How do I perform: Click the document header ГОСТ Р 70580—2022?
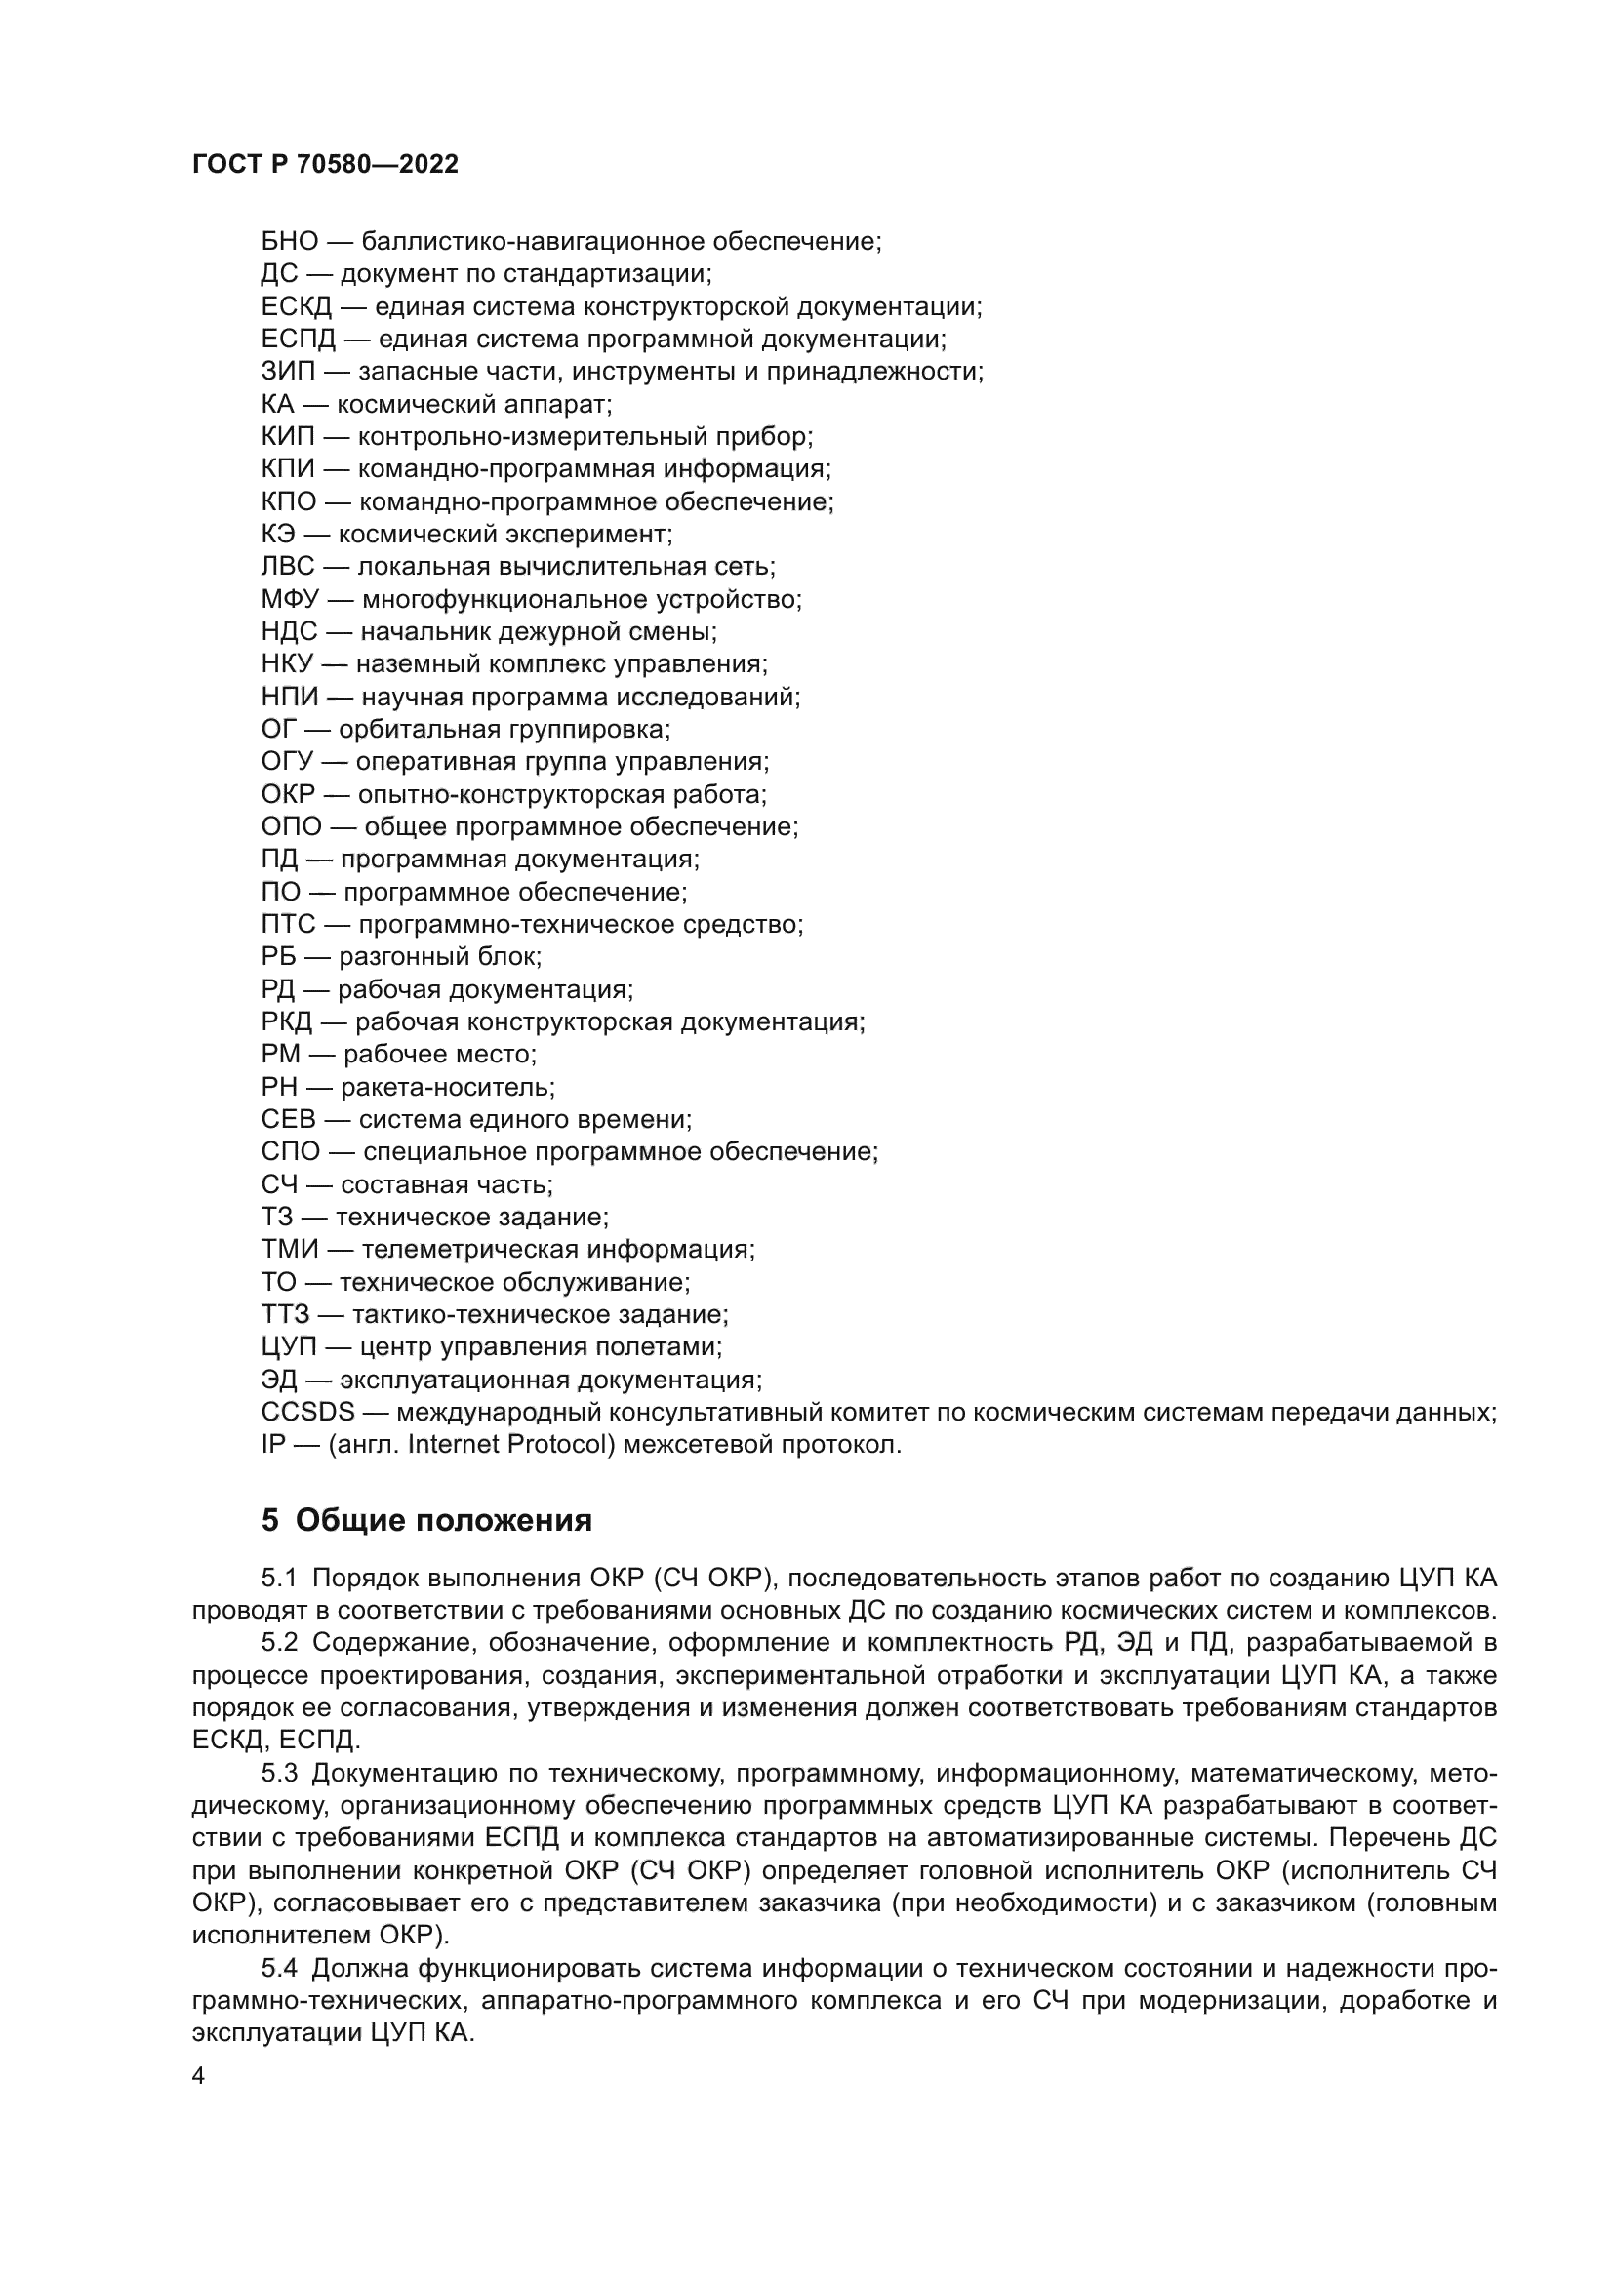[325, 164]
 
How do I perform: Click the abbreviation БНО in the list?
[289, 242]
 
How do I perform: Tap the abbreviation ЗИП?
[288, 372]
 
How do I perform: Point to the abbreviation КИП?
[288, 437]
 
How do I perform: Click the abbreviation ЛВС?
[287, 567]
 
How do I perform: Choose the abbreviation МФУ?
[290, 599]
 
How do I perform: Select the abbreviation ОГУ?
[287, 762]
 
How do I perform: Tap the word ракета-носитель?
[447, 1087]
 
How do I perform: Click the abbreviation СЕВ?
[288, 1120]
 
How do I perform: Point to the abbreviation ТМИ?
[290, 1251]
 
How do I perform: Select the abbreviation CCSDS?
[308, 1413]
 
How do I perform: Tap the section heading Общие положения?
[443, 1521]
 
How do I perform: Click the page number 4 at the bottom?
[198, 2077]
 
